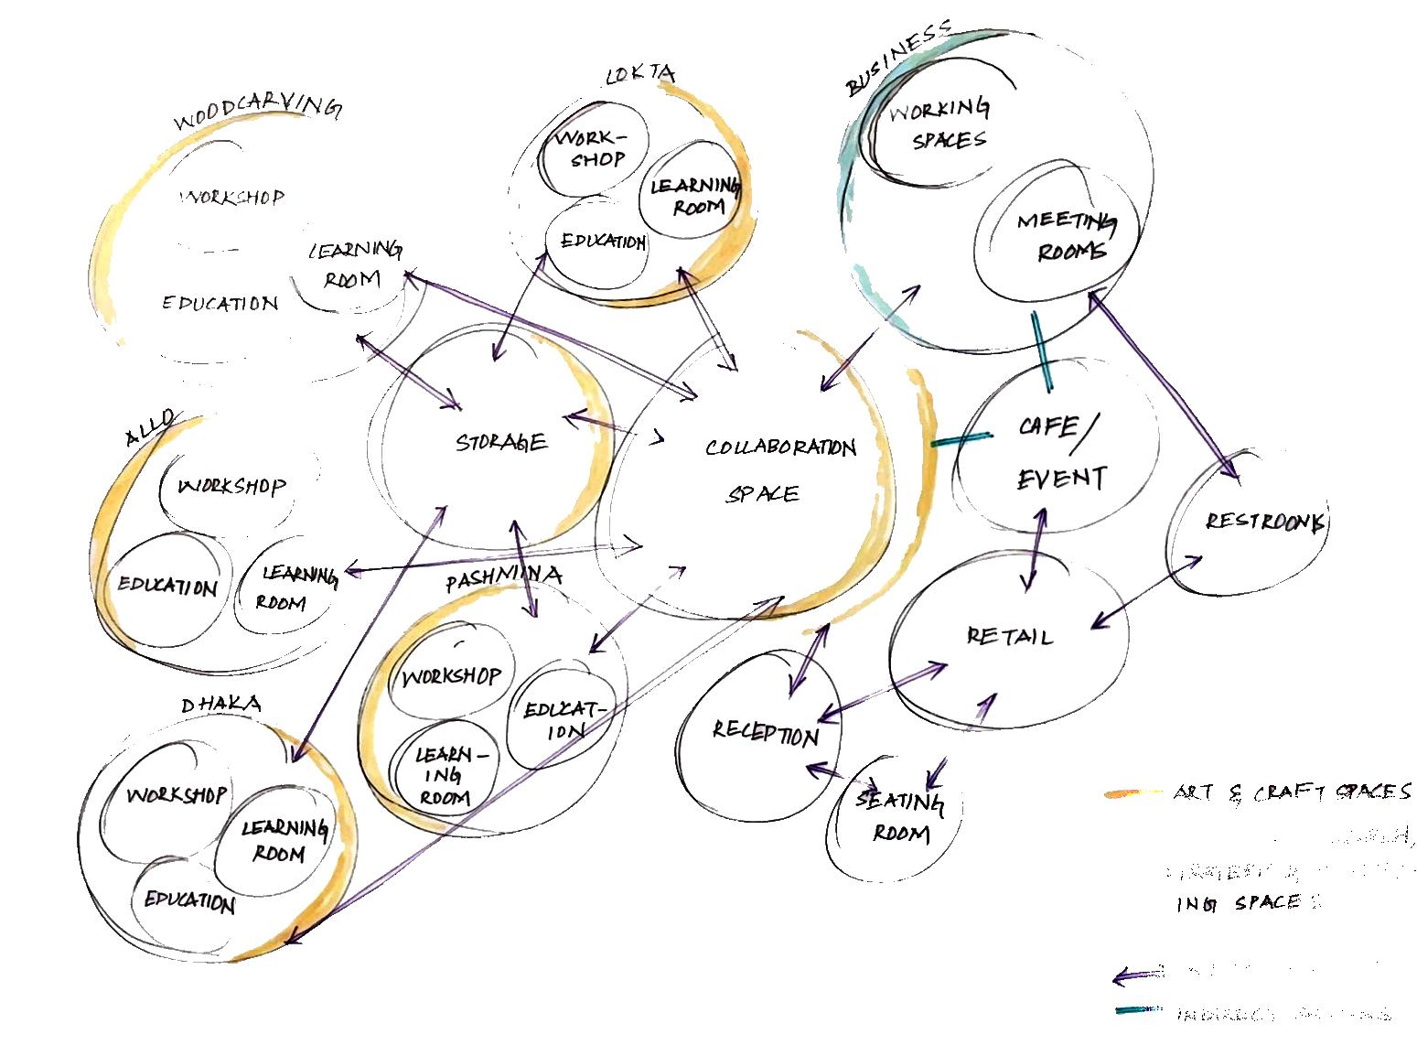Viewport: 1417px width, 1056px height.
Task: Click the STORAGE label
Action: pyautogui.click(x=501, y=443)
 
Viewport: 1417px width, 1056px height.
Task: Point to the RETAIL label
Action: pyautogui.click(x=1009, y=635)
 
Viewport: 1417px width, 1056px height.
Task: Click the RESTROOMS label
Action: pyautogui.click(x=1265, y=523)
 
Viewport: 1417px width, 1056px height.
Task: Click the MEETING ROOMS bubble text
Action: pyautogui.click(x=1066, y=235)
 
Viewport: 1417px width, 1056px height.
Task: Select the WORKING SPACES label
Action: pyautogui.click(x=939, y=124)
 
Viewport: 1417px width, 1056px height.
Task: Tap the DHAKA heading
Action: pyautogui.click(x=220, y=704)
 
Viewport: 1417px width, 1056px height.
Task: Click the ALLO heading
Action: pyautogui.click(x=148, y=428)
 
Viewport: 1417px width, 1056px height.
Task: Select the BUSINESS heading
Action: pyautogui.click(x=897, y=59)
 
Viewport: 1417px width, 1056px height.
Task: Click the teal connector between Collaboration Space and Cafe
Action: pyautogui.click(x=961, y=439)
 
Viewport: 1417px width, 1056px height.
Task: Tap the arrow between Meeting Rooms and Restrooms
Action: pyautogui.click(x=1163, y=383)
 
